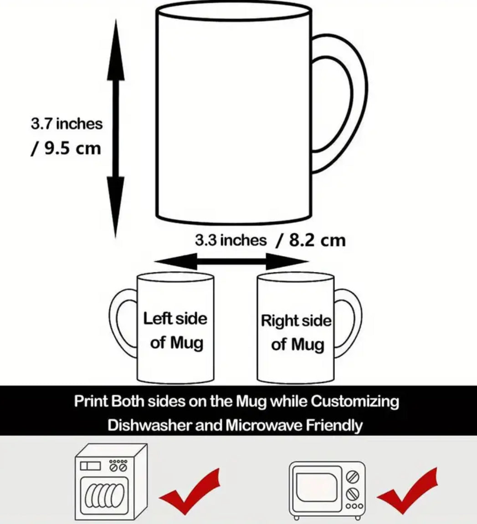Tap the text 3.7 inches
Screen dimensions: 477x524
pyautogui.click(x=67, y=124)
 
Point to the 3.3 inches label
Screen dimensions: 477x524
pyautogui.click(x=231, y=240)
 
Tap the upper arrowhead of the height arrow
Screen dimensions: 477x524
pyautogui.click(x=116, y=50)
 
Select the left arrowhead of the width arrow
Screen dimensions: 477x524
pyautogui.click(x=176, y=262)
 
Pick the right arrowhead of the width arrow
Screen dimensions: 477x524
pyautogui.click(x=287, y=262)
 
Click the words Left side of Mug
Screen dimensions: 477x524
pyautogui.click(x=175, y=331)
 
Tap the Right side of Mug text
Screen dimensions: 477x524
pyautogui.click(x=296, y=333)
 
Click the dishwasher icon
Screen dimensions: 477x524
pyautogui.click(x=111, y=482)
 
